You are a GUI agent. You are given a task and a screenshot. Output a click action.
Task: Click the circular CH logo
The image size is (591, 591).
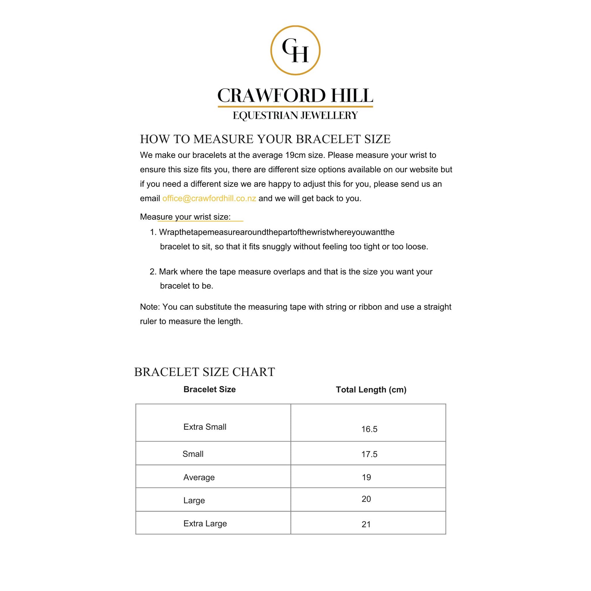click(x=295, y=50)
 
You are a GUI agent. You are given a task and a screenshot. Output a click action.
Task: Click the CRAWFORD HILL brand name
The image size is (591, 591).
click(x=295, y=95)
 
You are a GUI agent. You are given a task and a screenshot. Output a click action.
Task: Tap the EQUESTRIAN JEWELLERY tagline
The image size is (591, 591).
click(x=295, y=116)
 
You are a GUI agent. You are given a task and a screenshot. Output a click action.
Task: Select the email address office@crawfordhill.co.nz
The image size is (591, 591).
click(x=209, y=199)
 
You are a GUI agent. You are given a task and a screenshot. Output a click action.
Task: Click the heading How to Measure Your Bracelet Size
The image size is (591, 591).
click(x=265, y=139)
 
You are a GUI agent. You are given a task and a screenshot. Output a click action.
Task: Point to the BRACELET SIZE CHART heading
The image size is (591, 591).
click(x=204, y=372)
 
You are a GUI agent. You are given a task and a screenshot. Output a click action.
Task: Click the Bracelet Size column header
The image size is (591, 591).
click(x=210, y=389)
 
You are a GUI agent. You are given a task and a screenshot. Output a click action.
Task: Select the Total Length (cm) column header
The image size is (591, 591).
click(x=371, y=390)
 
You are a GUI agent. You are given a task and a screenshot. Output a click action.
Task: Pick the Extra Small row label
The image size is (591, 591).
click(x=205, y=427)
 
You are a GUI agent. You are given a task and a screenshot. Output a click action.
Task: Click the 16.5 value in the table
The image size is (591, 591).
click(x=369, y=429)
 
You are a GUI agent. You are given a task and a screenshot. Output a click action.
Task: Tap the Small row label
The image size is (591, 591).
click(x=193, y=454)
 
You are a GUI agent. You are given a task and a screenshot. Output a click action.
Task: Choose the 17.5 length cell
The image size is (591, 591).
click(x=369, y=454)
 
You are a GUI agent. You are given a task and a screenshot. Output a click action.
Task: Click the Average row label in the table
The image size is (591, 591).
click(x=199, y=477)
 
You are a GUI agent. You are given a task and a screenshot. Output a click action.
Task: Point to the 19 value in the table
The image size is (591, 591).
click(x=367, y=477)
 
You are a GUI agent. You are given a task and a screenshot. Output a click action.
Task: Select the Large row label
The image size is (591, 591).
click(x=194, y=500)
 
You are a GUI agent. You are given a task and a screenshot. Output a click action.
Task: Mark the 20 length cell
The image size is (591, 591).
click(x=366, y=499)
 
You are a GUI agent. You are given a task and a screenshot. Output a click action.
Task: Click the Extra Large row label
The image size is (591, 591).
click(x=205, y=523)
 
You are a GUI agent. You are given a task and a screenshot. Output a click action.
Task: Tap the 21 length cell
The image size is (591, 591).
click(x=366, y=524)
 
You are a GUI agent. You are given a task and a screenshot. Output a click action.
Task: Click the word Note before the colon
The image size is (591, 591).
click(x=149, y=307)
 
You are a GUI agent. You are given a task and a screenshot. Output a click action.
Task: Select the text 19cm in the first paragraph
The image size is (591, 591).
click(x=295, y=155)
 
